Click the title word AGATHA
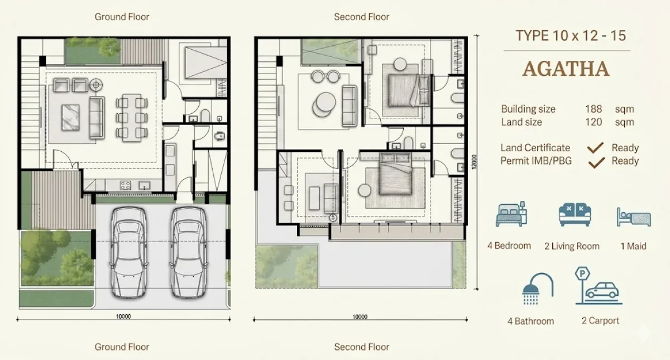click(x=566, y=69)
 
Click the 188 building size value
click(x=594, y=109)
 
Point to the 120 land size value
click(x=594, y=122)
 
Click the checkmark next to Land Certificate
click(x=597, y=148)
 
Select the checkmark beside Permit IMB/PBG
click(x=597, y=162)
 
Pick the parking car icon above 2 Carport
click(x=597, y=286)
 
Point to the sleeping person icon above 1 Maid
click(x=633, y=217)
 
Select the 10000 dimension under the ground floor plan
click(x=123, y=316)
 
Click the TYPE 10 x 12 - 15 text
click(x=571, y=36)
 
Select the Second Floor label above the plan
click(x=361, y=17)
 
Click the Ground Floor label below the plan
click(x=122, y=347)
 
